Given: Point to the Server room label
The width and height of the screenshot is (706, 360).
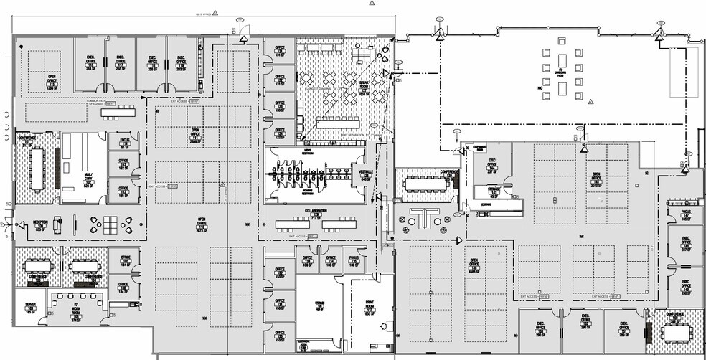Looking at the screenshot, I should click(30, 308).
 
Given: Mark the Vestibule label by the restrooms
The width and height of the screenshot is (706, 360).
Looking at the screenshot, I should click(364, 173).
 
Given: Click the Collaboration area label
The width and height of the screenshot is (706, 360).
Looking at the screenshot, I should click(315, 214).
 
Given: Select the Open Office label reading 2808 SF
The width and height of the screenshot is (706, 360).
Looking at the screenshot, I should click(194, 135).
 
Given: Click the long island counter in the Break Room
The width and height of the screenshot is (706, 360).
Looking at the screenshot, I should click(337, 123).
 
